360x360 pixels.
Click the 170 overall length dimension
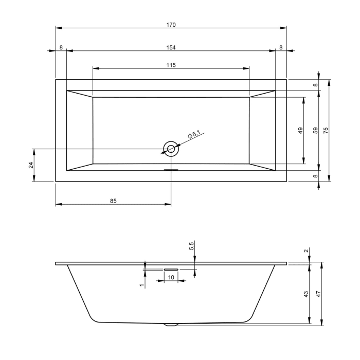point(171,24)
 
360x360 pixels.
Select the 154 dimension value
point(171,47)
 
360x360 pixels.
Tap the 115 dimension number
point(171,65)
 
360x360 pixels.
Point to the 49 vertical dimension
point(301,131)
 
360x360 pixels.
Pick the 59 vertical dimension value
point(316,131)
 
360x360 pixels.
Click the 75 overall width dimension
point(326,131)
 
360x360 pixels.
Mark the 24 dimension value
point(31,165)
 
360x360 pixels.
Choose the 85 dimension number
point(113,201)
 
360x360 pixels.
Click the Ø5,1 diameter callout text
point(193,135)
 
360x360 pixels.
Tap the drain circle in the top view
point(171,149)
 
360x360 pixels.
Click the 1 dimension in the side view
point(141,284)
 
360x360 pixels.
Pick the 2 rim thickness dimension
point(307,251)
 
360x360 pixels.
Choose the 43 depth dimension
point(306,294)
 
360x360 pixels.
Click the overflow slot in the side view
point(171,268)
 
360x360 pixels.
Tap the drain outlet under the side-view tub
point(171,325)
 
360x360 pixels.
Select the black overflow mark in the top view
point(171,170)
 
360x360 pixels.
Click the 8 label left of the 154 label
point(61,47)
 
